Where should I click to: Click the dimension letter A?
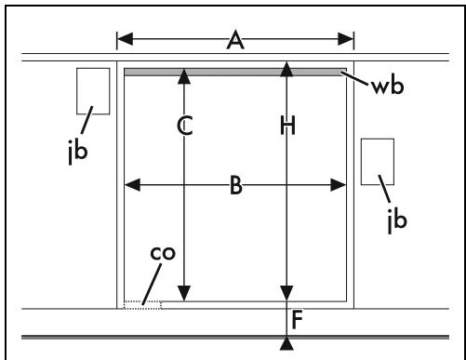(x=235, y=40)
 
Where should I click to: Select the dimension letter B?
(x=236, y=185)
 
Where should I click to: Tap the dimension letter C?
(x=185, y=126)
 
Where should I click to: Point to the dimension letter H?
(x=287, y=126)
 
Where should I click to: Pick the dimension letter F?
(x=297, y=320)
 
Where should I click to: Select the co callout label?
(x=163, y=253)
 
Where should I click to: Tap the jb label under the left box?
(x=78, y=152)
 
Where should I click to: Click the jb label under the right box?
(x=397, y=220)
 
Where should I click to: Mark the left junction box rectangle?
(x=93, y=69)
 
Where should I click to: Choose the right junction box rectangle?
(x=378, y=140)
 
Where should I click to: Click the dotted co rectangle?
(x=142, y=301)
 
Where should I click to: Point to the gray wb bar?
(x=235, y=73)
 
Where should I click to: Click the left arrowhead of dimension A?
(x=125, y=39)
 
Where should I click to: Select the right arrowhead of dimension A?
(x=346, y=39)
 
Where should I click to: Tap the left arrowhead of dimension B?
(x=132, y=185)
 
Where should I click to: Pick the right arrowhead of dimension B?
(x=339, y=185)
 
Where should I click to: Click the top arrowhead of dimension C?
(x=184, y=76)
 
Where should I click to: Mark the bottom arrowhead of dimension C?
(x=184, y=293)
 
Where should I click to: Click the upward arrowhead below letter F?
(x=286, y=344)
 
